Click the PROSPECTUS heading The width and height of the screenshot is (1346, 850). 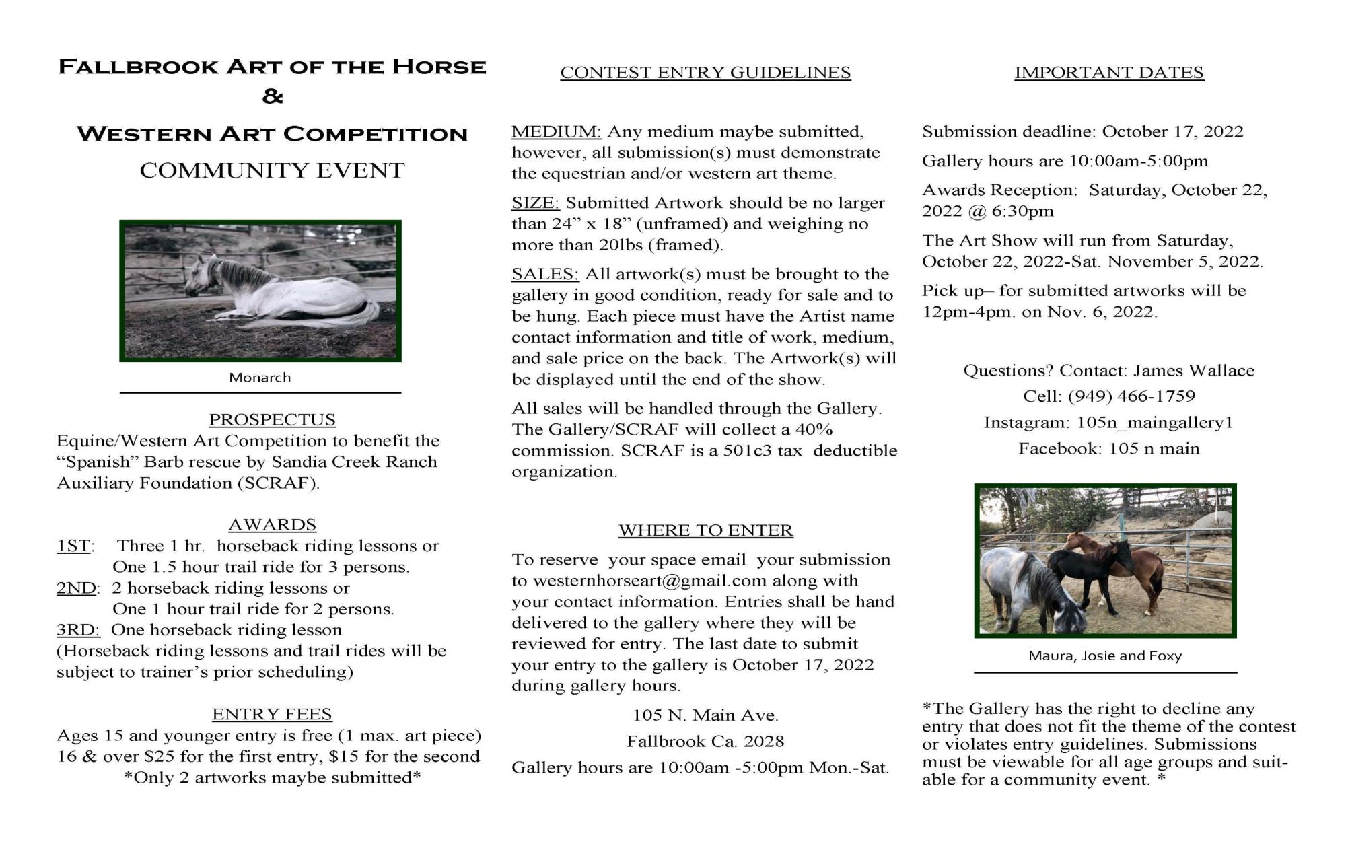(x=272, y=419)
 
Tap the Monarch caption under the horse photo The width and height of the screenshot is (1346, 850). (x=260, y=378)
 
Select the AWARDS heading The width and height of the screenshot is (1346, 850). (x=272, y=524)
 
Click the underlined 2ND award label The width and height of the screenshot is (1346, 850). (x=76, y=588)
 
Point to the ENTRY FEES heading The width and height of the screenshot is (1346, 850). (x=272, y=714)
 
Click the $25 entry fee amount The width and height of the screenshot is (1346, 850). (x=160, y=756)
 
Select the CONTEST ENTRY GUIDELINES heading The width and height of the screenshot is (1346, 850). (x=705, y=73)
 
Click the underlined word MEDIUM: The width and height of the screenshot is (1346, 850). (x=556, y=131)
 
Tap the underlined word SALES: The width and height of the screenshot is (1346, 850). (x=545, y=274)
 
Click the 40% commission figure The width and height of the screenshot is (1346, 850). (x=814, y=429)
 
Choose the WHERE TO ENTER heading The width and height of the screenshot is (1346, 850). (x=705, y=530)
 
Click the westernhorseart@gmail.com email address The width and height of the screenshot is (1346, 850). (x=649, y=581)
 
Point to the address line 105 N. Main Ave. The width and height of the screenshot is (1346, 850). (x=705, y=715)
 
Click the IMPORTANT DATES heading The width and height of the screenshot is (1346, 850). (x=1108, y=73)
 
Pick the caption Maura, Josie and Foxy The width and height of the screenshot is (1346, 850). (x=1105, y=656)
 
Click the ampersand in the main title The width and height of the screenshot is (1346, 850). (x=272, y=98)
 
